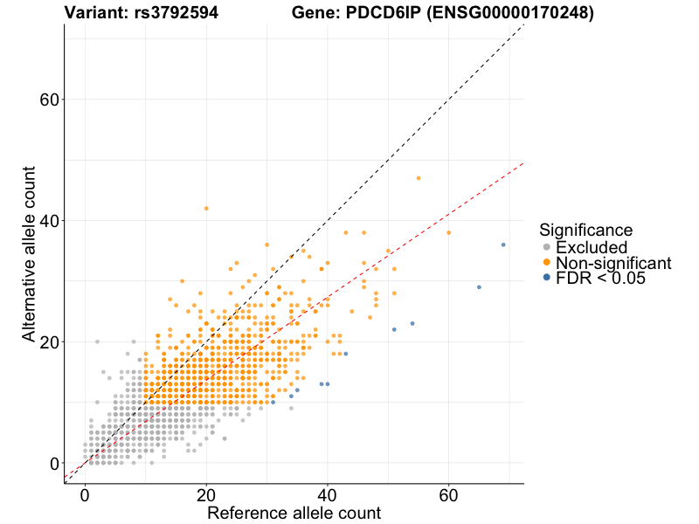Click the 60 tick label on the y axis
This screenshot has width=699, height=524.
click(x=50, y=100)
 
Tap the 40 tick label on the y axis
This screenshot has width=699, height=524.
click(x=50, y=221)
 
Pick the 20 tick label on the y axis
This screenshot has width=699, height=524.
click(x=50, y=341)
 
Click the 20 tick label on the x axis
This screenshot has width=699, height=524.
click(x=206, y=495)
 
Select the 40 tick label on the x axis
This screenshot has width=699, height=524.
click(x=328, y=495)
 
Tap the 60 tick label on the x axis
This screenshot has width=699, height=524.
click(x=449, y=495)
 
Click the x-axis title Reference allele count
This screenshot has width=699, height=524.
click(x=294, y=514)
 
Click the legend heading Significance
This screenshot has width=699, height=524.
click(x=586, y=231)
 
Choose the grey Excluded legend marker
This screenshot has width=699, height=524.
click(x=547, y=248)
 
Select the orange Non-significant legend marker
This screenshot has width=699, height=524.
click(x=547, y=263)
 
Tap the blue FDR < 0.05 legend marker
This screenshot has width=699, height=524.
click(x=547, y=278)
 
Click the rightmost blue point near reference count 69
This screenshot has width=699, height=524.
click(x=503, y=245)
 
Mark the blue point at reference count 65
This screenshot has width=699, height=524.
click(x=479, y=287)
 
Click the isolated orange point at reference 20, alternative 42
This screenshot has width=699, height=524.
click(x=206, y=208)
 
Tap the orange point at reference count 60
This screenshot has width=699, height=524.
click(x=449, y=232)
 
